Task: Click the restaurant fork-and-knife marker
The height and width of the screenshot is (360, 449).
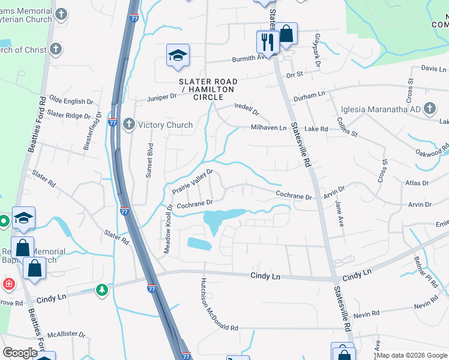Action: coord(267,41)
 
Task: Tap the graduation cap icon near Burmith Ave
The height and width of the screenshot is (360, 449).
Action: coord(178,56)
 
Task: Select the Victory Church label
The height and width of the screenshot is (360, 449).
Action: coord(165,125)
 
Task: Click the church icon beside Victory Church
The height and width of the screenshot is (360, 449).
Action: coord(128,125)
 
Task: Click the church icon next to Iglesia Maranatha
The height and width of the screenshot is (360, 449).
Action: coord(429,109)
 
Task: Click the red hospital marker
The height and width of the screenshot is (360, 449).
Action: coord(8,283)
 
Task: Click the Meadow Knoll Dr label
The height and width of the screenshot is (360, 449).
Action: coord(169,229)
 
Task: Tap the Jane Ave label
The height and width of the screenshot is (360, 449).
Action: coord(340,213)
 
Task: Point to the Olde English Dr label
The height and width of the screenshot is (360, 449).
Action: coord(71,100)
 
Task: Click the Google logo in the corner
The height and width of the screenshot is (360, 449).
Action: coord(20,353)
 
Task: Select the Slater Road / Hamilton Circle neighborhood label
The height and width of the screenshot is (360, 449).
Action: coord(208,85)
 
